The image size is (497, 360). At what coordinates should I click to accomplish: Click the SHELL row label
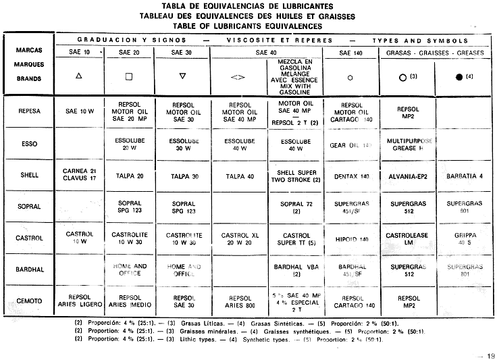coord(29,175)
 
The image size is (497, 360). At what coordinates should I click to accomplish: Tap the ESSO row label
coord(29,143)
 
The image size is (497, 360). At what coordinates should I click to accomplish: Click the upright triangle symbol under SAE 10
coord(80,76)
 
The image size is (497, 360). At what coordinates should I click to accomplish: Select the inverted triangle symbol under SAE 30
coord(182,76)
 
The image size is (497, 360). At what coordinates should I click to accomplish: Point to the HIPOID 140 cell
coord(350,238)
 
